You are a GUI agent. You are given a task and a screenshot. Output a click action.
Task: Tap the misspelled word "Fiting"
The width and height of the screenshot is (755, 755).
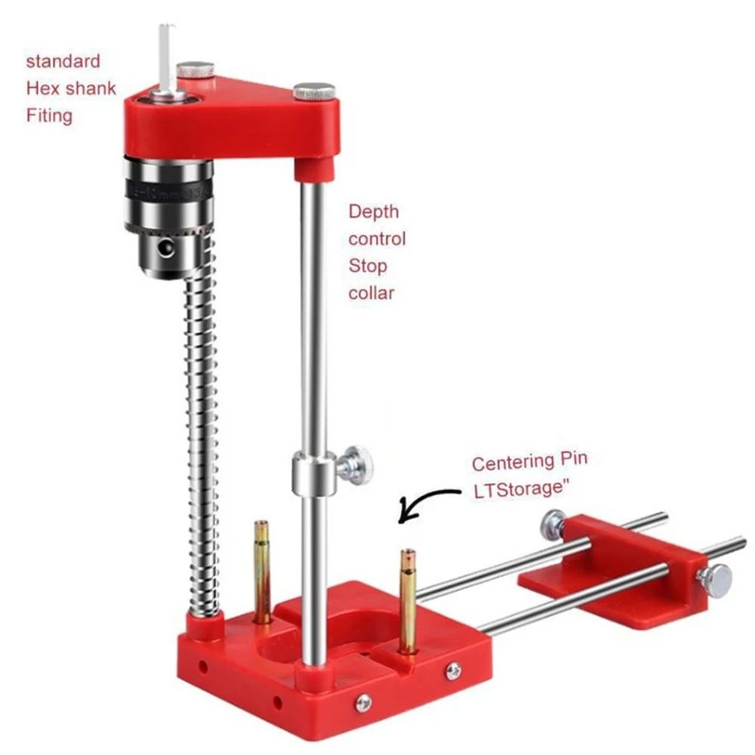(x=49, y=116)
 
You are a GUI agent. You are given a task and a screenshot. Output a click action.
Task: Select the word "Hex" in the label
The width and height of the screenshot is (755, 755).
(x=43, y=88)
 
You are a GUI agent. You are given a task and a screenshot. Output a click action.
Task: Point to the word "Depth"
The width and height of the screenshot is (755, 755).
(x=373, y=211)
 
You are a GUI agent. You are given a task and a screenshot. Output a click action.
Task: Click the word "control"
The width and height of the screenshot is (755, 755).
(x=377, y=239)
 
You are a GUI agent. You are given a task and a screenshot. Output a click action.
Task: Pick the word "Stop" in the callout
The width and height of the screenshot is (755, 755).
(x=368, y=266)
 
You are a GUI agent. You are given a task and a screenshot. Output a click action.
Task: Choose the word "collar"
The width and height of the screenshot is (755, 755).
(x=371, y=293)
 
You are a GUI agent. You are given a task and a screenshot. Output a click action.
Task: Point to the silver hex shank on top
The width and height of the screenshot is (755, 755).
(x=166, y=57)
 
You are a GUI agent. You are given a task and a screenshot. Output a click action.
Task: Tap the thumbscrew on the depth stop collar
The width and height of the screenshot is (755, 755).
(x=356, y=464)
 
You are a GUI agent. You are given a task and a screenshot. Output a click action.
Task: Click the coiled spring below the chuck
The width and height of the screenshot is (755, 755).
(x=202, y=438)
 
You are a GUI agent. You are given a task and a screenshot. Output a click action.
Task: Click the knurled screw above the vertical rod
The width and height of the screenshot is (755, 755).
(x=314, y=91)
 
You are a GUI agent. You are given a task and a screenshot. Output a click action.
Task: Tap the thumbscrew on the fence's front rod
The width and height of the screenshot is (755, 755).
(x=713, y=580)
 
